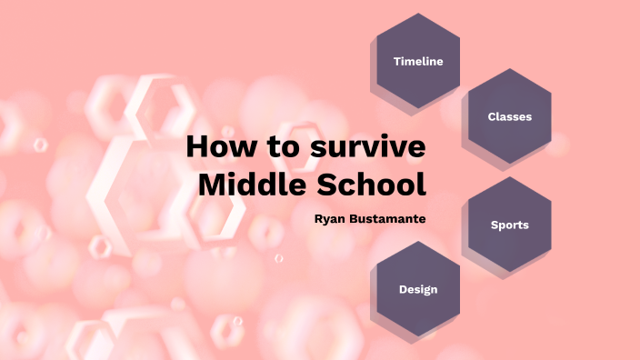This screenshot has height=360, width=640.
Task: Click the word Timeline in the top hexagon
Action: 418,62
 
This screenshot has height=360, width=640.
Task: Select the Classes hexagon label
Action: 509,117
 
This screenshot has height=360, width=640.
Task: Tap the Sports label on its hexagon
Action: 509,225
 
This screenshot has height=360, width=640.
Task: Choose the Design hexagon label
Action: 418,290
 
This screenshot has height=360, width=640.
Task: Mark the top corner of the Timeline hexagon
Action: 418,13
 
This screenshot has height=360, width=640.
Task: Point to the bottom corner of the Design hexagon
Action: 418,337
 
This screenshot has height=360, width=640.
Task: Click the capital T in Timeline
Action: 397,62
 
